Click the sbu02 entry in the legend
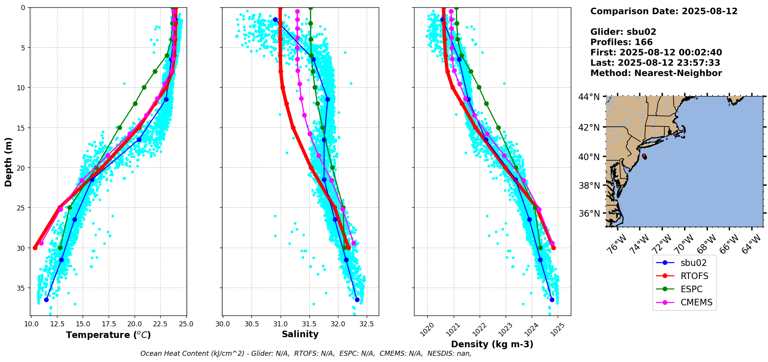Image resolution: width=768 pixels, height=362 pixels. point(693,263)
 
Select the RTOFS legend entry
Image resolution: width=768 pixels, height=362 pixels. point(694,276)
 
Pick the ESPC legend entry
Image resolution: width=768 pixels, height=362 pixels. point(692,289)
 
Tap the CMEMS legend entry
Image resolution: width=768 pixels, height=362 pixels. point(696,302)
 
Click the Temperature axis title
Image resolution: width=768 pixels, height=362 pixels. point(108,335)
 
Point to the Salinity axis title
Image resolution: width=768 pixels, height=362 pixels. point(300,334)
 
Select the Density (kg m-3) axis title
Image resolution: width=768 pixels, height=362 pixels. point(492,344)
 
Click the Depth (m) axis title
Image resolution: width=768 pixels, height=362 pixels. point(9,162)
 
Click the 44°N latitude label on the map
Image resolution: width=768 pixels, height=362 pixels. point(589,97)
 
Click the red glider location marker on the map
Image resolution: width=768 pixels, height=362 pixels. point(644,156)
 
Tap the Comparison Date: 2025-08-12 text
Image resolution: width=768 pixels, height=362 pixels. point(664,11)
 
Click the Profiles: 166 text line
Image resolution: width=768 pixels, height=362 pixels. point(621,42)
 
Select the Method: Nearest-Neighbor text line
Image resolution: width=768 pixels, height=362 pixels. point(656,73)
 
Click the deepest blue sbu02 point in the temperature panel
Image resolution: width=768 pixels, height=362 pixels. point(47,300)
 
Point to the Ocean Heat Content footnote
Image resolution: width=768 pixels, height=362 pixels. point(306,353)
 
